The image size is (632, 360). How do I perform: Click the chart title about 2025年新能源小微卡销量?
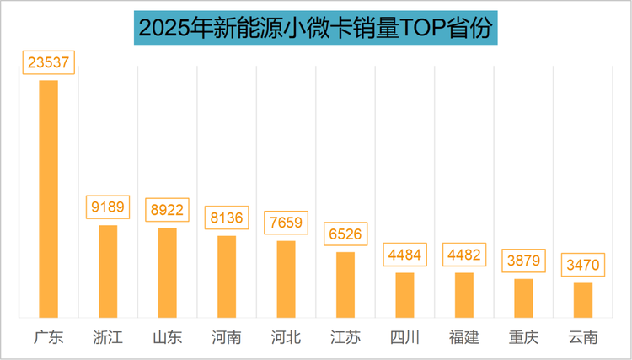coord(316,28)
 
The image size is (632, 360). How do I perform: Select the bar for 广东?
coord(49,199)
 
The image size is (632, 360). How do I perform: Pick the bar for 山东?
coord(168,272)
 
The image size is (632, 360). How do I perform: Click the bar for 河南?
coord(227,277)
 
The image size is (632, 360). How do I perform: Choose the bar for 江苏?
coord(345,284)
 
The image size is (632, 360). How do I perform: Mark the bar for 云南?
coord(583,300)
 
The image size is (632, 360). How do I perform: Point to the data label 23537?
coord(49,62)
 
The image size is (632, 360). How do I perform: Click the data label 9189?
coord(108,207)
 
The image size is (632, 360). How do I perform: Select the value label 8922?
coord(168,210)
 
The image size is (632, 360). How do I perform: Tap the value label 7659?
coord(287,223)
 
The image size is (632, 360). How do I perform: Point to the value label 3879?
coord(524,261)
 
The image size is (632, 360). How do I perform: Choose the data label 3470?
coord(583,266)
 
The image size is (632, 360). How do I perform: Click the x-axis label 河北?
coord(287,337)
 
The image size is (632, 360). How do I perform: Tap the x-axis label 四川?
coord(405,337)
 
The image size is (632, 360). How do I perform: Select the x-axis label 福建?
coord(464,337)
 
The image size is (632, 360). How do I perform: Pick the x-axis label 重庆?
coord(524,337)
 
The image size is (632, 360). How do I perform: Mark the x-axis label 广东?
coord(49,337)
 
